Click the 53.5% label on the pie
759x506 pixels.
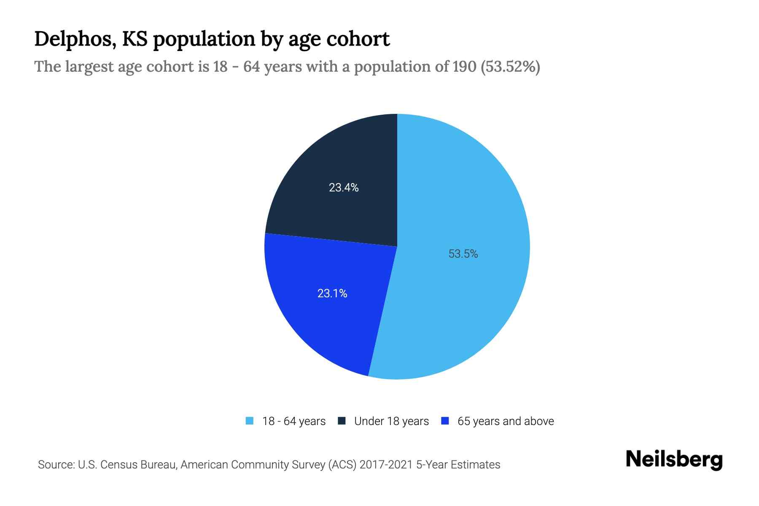coord(463,254)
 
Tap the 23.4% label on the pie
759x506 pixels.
coord(344,188)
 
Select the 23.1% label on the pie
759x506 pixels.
coord(332,293)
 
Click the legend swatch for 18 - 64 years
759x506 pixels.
coord(250,421)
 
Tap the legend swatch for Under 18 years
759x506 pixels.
coord(342,421)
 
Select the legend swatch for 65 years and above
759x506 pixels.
coord(444,421)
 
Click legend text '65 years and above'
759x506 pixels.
coord(505,421)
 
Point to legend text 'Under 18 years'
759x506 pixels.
coord(391,421)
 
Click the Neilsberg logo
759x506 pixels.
coord(674,460)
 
